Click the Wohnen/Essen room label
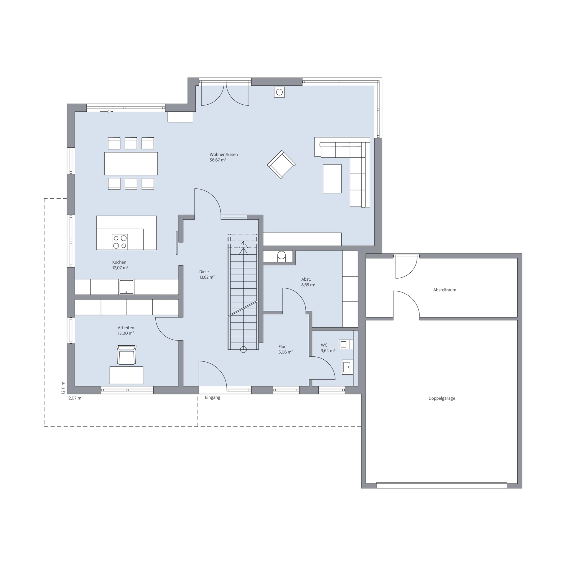tap(223, 154)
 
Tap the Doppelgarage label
tap(442, 398)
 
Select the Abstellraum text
tap(445, 290)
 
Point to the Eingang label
tap(213, 397)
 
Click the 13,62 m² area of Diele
tap(207, 277)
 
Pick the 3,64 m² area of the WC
tap(328, 351)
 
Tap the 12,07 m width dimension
tap(74, 398)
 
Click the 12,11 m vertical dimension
tap(63, 388)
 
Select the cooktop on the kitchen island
tap(120, 242)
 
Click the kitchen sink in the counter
tap(126, 287)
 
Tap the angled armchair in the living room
tap(281, 164)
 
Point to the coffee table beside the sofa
tap(332, 179)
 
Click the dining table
tap(131, 164)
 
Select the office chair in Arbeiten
tap(127, 355)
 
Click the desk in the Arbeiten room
tap(126, 375)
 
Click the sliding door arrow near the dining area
tap(106, 111)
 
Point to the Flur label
tap(282, 347)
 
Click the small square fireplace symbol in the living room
tap(279, 92)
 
